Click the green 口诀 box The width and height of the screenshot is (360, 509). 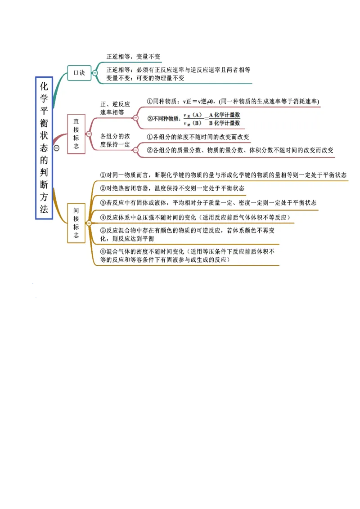[x=79, y=72]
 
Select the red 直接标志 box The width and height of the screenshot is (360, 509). [x=76, y=134]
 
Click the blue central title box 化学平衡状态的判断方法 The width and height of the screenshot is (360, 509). [x=44, y=148]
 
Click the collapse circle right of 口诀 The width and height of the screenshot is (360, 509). [x=95, y=73]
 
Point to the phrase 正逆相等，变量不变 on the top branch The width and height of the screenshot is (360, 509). [x=133, y=57]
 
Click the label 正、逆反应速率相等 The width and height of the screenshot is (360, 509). [x=115, y=108]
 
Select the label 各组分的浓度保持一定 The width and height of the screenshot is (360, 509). [x=115, y=140]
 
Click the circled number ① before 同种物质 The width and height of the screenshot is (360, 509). [x=150, y=101]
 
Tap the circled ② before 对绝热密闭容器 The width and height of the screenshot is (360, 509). [x=103, y=188]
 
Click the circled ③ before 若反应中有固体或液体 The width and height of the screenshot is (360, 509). [x=103, y=203]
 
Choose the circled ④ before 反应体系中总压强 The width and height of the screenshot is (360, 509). [x=103, y=218]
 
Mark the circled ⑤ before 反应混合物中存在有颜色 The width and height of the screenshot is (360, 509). [x=103, y=231]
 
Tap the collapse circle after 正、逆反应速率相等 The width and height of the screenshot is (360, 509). [x=135, y=118]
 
